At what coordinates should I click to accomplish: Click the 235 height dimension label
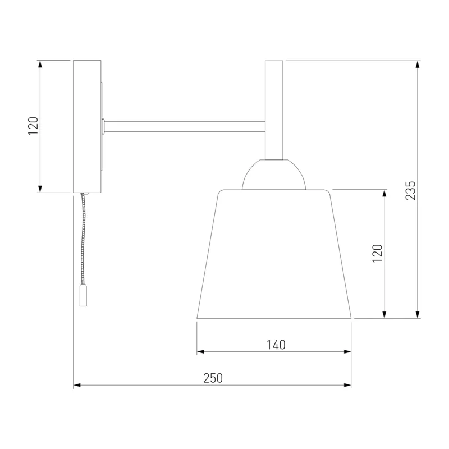pyautogui.click(x=410, y=190)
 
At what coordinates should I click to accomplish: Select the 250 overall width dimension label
pyautogui.click(x=213, y=378)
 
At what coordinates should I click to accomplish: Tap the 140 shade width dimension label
pyautogui.click(x=276, y=345)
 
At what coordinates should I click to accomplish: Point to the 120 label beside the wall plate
pyautogui.click(x=33, y=126)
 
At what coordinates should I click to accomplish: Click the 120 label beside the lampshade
pyautogui.click(x=377, y=253)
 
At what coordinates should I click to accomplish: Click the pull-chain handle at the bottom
pyautogui.click(x=83, y=295)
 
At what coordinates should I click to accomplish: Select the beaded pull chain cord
pyautogui.click(x=83, y=238)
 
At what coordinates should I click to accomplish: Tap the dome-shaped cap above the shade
pyautogui.click(x=274, y=175)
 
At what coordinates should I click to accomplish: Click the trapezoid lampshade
pyautogui.click(x=274, y=254)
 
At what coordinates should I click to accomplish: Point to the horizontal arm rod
pyautogui.click(x=185, y=127)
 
